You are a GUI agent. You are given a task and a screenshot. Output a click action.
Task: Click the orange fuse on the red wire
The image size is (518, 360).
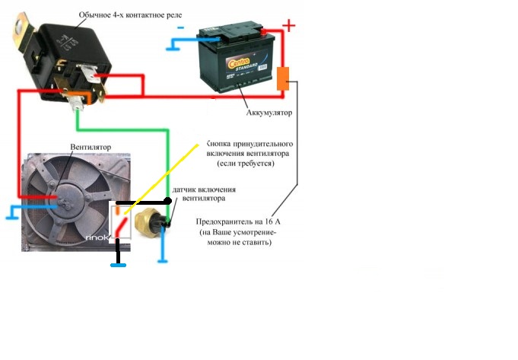click(283, 78)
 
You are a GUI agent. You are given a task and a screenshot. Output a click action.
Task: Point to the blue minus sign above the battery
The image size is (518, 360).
click(180, 27)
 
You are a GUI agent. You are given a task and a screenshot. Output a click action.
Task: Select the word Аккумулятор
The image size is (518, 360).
click(269, 113)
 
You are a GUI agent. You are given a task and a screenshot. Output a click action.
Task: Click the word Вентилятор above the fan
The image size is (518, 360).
click(91, 145)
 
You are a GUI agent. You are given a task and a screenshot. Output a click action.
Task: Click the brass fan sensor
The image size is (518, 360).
click(145, 223)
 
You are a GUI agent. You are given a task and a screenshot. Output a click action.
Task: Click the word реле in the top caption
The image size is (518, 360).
click(171, 14)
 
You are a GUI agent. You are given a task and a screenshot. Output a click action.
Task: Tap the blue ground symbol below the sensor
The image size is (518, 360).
click(162, 260)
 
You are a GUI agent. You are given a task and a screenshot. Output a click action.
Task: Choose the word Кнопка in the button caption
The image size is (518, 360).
click(221, 143)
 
